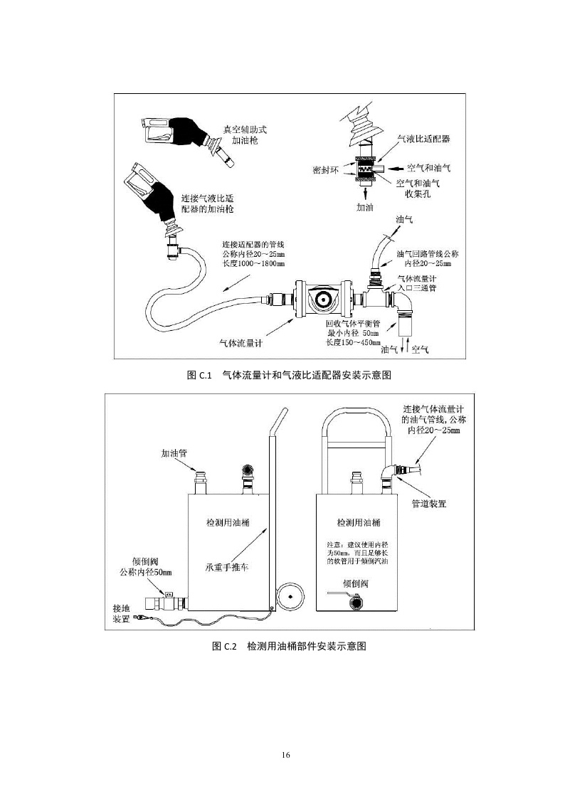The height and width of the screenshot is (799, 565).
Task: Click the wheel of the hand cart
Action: point(294,593)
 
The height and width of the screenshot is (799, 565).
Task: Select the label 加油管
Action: point(174,452)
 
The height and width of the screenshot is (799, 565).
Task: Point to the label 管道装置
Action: point(429,503)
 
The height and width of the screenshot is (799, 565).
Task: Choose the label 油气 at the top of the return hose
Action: point(404,220)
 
